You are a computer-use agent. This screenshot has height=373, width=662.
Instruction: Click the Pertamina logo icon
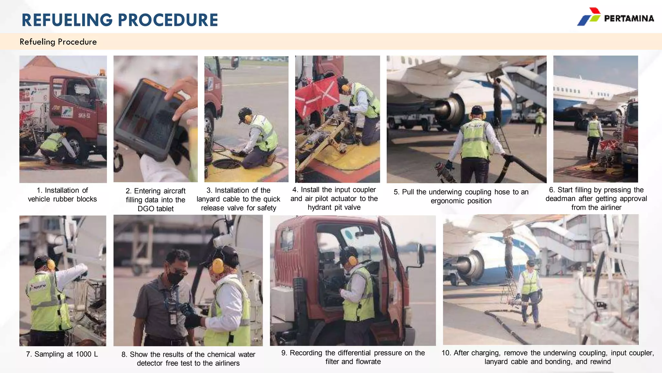click(589, 17)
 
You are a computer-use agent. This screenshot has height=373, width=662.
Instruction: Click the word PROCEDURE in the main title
click(168, 20)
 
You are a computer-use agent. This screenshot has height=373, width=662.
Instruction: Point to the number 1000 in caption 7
click(83, 354)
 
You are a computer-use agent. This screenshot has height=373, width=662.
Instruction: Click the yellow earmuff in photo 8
click(218, 266)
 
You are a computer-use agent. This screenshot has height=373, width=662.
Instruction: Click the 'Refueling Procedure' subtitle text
click(58, 42)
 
